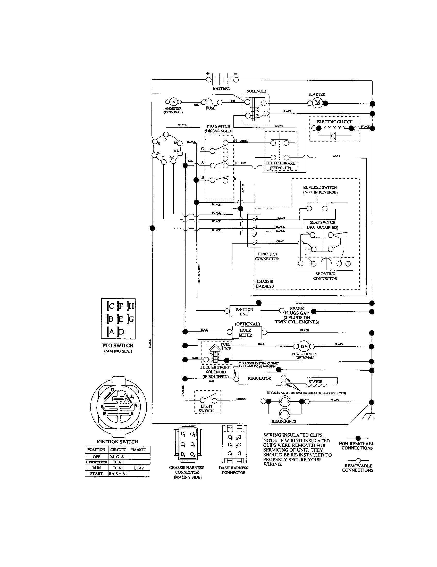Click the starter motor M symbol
coord(317,103)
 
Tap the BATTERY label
coord(221,88)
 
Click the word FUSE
coord(211,108)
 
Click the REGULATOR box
coord(259,378)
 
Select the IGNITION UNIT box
coord(245,312)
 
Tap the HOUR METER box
coord(245,332)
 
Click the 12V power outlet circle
coord(304,346)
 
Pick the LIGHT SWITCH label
coord(206,408)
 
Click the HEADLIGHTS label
coord(284,421)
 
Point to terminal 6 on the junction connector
coord(254,243)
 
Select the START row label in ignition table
coord(96,473)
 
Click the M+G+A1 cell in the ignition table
coord(118,457)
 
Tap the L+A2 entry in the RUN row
coord(139,468)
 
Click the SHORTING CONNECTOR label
coord(325,276)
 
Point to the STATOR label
coord(315,382)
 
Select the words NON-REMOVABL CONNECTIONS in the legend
coord(357,446)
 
